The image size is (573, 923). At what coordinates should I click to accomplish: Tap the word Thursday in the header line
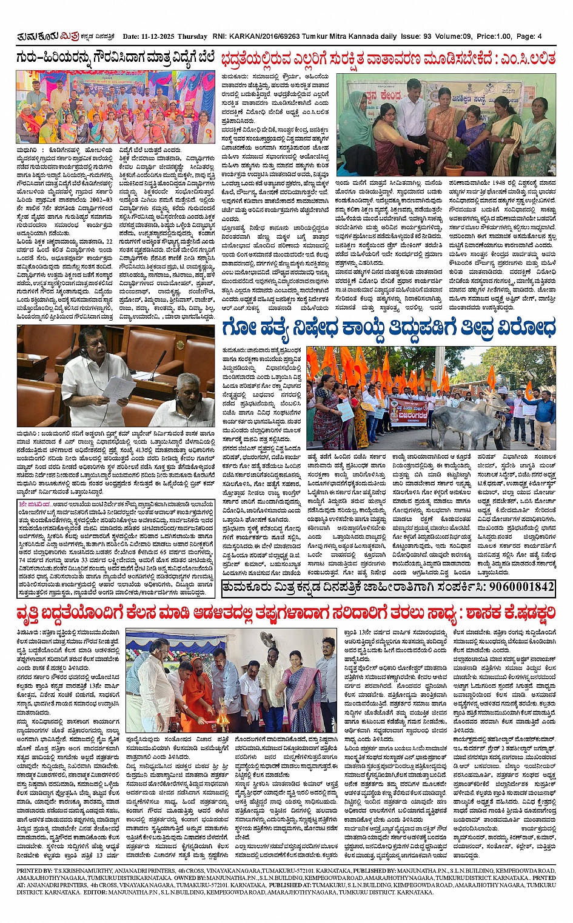(x=193, y=36)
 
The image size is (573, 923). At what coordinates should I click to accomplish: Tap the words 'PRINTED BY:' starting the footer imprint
(x=30, y=871)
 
